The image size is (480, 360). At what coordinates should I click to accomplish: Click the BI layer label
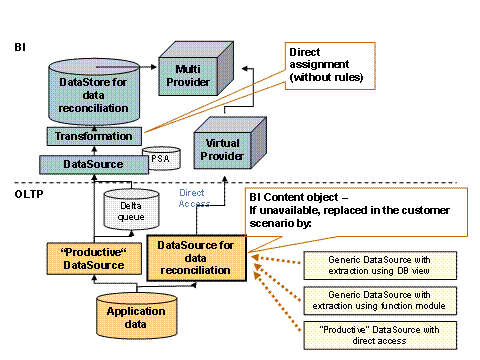(x=20, y=47)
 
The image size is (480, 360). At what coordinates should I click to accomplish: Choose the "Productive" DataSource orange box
(x=86, y=257)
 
